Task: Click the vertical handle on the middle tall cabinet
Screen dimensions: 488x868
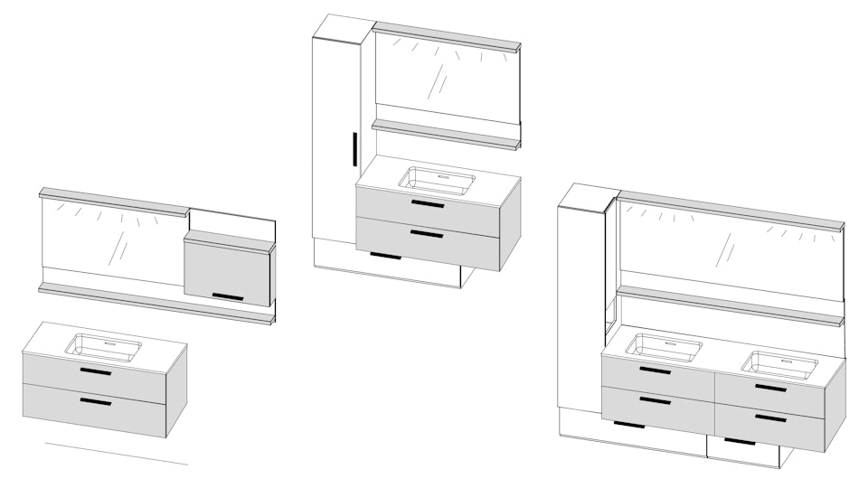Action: point(354,149)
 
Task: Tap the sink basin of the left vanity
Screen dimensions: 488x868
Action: point(107,347)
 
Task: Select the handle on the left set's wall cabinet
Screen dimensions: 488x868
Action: point(228,296)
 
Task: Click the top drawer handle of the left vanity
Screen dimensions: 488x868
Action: point(95,371)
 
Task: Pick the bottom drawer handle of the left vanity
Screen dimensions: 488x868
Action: point(95,401)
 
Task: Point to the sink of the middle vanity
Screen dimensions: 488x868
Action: point(438,180)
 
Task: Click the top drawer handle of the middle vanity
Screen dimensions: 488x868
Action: point(427,204)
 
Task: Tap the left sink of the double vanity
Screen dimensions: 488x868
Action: point(663,347)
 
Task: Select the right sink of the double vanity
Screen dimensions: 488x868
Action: point(779,364)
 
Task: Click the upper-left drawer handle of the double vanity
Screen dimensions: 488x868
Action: point(656,371)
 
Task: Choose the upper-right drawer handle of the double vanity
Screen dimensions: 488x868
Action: point(770,388)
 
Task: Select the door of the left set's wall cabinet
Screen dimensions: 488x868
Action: point(228,269)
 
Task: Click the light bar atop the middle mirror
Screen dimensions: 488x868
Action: point(447,35)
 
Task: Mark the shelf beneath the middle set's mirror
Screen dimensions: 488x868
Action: point(447,134)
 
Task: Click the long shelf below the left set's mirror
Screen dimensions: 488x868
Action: point(154,303)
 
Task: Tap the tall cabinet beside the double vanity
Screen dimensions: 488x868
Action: point(580,307)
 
